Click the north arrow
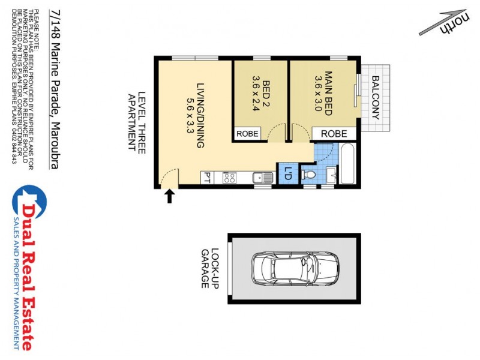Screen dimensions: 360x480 point(444,22)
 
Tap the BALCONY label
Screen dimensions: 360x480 point(376,98)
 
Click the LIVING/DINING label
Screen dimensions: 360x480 point(196,115)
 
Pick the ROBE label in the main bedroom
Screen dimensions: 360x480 point(334,134)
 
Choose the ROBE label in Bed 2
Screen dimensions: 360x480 point(247,134)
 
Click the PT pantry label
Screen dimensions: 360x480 point(206,178)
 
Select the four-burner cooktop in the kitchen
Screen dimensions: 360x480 point(229,178)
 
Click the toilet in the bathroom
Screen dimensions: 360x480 point(308,175)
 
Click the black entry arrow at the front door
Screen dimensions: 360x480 point(169,196)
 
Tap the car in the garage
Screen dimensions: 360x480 point(294,268)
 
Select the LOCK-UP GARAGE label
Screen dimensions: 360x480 point(209,268)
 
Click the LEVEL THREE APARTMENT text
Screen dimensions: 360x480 point(137,122)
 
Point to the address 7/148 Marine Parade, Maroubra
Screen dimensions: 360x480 point(55,89)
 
